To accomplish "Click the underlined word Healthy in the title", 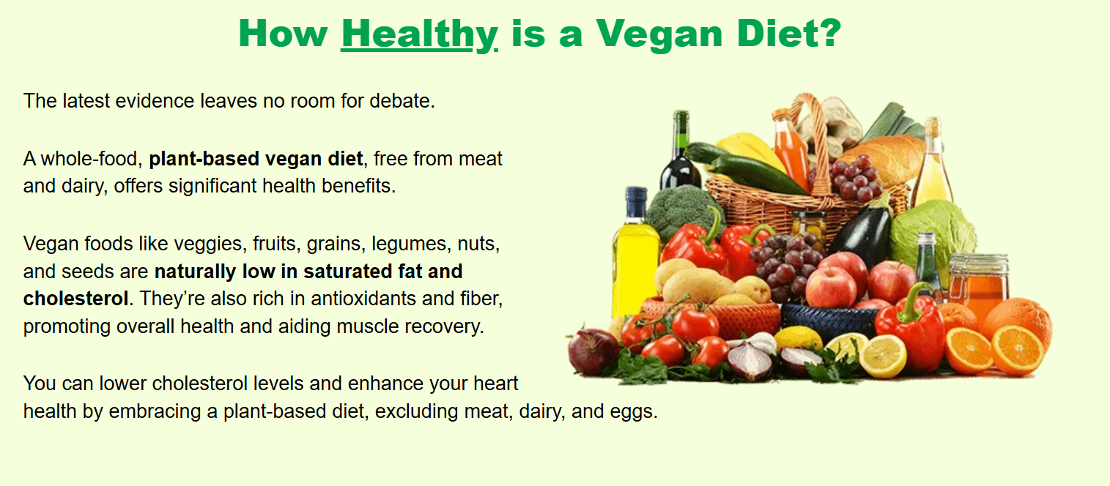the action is (419, 34).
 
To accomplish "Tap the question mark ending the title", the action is (829, 32).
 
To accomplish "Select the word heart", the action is (495, 384).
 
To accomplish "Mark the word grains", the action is (334, 244).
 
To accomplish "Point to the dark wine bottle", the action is (680, 154).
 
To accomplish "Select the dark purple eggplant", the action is (862, 230).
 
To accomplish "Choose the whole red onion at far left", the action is (593, 351).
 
